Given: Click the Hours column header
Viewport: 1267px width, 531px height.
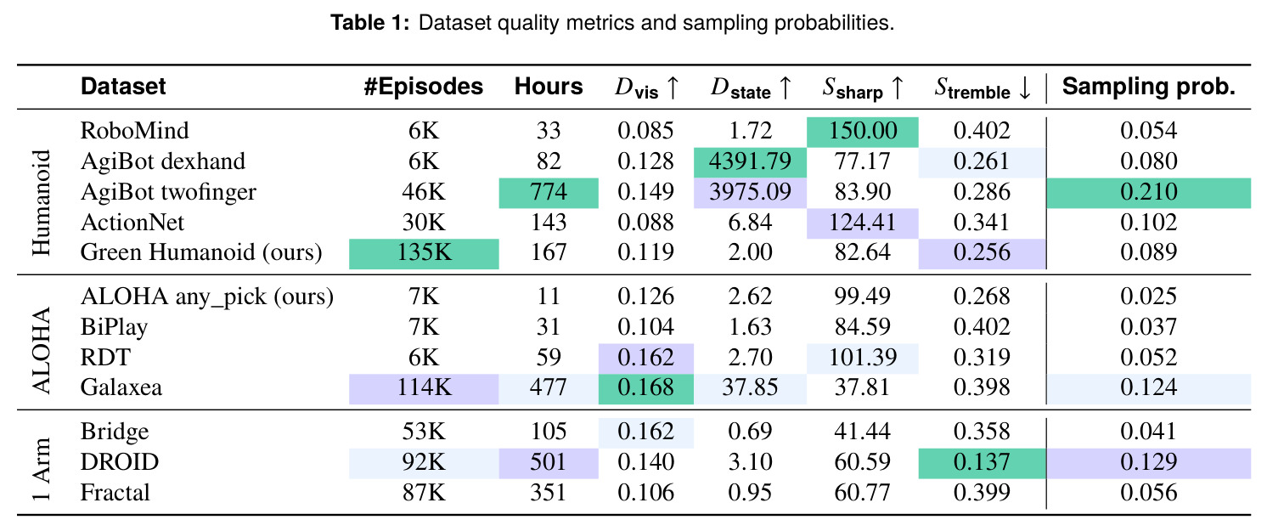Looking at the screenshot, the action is click(x=548, y=87).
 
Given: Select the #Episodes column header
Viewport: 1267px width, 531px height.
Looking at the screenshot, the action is click(x=423, y=87).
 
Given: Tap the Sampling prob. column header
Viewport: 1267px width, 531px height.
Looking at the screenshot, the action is click(x=1149, y=87).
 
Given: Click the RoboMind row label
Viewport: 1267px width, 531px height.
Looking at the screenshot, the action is click(x=135, y=131).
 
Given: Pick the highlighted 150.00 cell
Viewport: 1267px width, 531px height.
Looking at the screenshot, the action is click(x=863, y=132).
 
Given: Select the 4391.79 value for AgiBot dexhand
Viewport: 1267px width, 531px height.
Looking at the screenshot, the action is click(x=750, y=162).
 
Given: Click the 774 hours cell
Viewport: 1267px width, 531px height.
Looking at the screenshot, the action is click(x=548, y=193).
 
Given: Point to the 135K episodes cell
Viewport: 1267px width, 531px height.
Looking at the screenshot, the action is click(x=424, y=253).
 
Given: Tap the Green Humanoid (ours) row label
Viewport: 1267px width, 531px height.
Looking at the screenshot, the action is click(x=201, y=252).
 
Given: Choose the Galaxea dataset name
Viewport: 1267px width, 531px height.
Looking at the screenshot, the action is click(x=121, y=387).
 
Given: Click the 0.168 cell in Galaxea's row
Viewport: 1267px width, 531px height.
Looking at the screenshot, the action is click(x=645, y=388).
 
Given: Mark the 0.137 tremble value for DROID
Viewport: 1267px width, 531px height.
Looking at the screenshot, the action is click(x=982, y=462).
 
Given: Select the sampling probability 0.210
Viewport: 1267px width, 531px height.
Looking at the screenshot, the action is click(x=1149, y=193).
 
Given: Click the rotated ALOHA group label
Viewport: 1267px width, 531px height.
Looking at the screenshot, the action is click(x=42, y=350).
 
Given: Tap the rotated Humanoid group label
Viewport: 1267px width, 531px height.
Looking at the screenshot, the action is click(x=42, y=203).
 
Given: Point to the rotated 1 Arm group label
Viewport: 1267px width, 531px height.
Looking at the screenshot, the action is click(x=42, y=469).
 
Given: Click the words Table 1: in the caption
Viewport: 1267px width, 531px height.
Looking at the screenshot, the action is click(x=370, y=23).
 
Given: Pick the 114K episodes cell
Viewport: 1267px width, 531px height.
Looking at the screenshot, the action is click(x=424, y=388).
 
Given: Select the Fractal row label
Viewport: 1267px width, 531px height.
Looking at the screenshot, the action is click(x=115, y=493).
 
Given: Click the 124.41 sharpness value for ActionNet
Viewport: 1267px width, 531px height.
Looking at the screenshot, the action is click(x=863, y=223).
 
